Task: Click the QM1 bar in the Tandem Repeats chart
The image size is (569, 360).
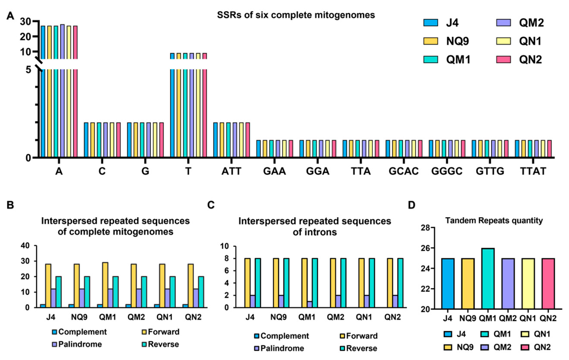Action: tap(488, 278)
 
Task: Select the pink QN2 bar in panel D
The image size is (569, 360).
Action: tap(548, 283)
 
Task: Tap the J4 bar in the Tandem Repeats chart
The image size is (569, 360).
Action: tap(447, 283)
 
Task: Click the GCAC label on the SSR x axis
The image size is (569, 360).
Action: tap(403, 171)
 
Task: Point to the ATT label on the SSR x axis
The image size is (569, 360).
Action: tap(231, 171)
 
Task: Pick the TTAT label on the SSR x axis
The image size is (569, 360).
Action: tap(533, 171)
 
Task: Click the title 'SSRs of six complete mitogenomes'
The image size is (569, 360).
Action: tap(296, 15)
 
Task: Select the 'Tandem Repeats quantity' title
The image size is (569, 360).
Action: tap(494, 221)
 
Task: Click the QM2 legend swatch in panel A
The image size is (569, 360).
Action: tap(503, 23)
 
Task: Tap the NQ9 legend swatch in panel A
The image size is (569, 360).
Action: tap(431, 41)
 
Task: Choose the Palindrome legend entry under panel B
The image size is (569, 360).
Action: tap(77, 344)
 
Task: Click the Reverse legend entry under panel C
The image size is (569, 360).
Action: tap(359, 348)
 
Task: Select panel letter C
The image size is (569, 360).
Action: tap(211, 205)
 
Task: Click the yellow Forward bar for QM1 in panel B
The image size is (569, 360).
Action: tap(105, 285)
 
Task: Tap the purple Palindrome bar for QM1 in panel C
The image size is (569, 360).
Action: tap(310, 304)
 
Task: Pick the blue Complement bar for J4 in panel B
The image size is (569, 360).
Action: tap(43, 306)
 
